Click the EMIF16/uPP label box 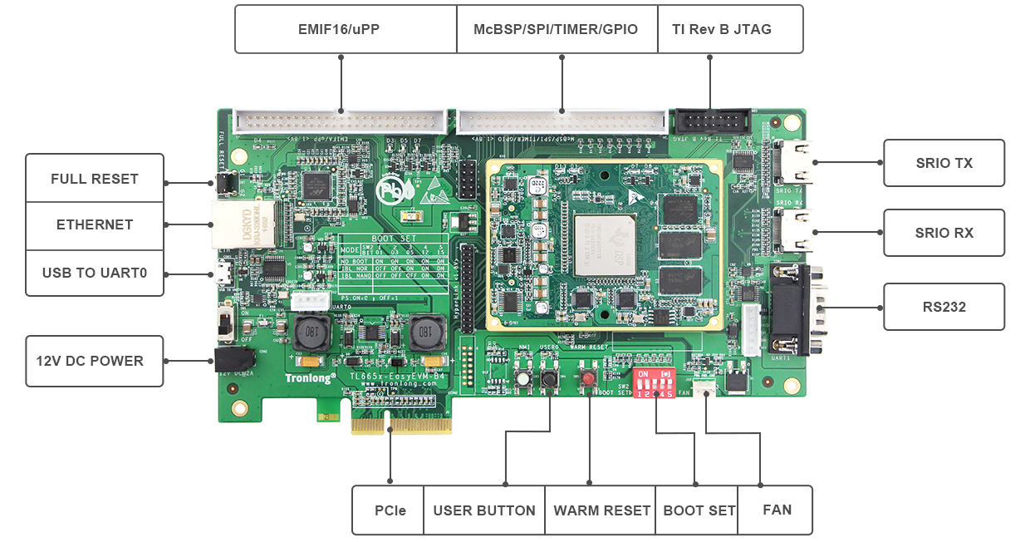pos(345,30)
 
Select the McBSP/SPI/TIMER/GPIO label pos(556,30)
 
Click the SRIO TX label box pos(944,163)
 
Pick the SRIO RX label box pos(944,233)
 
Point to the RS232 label pos(944,307)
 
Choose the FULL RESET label pos(94,179)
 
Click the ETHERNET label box pos(94,225)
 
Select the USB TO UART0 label pos(94,273)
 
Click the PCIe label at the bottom pos(388,510)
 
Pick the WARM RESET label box pos(601,510)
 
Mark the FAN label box pos(777,510)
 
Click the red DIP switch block pos(655,383)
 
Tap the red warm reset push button pos(589,379)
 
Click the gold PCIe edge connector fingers pos(401,426)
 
